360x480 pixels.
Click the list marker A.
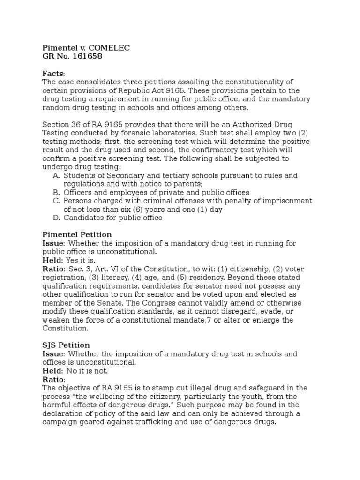(x=56, y=176)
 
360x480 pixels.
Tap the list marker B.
(x=56, y=193)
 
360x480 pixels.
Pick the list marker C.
(x=56, y=201)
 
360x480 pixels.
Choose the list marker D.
(x=56, y=218)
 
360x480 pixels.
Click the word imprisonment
(x=287, y=201)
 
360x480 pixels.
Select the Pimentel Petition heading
(x=77, y=235)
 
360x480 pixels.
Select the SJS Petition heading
(x=66, y=345)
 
